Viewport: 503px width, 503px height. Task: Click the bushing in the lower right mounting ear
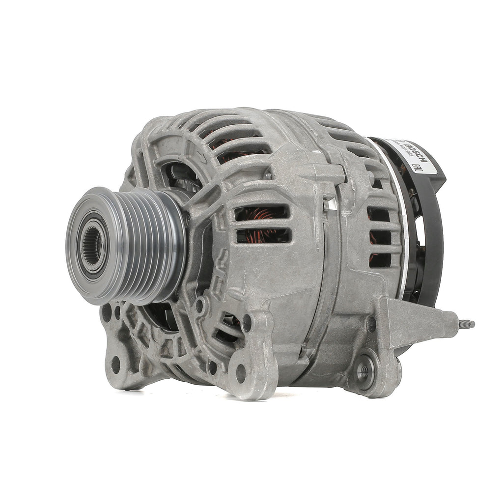pos(363,371)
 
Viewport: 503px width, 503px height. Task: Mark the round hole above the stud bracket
pos(371,324)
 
